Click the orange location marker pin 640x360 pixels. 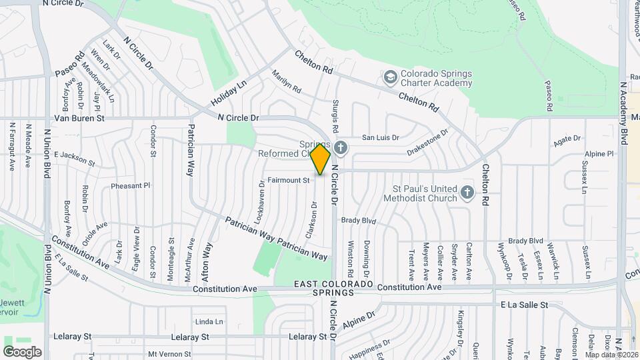321,159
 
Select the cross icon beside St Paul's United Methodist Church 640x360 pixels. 467,193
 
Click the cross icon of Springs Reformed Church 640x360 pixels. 341,147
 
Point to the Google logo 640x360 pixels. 22,352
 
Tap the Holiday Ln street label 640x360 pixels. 229,93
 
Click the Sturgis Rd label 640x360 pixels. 335,115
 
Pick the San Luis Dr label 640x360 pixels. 380,138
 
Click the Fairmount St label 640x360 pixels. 289,180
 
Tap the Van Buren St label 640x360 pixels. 79,118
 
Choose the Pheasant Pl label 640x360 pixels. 131,185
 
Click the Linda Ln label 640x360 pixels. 209,321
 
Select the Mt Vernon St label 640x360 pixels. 169,354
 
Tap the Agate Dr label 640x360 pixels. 567,141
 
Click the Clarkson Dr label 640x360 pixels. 311,219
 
